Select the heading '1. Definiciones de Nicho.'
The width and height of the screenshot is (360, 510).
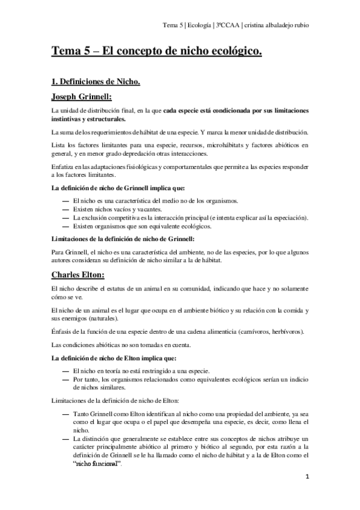click(x=96, y=81)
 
